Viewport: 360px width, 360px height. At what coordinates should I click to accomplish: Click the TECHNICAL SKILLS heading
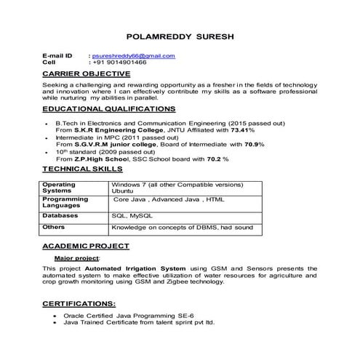(82, 169)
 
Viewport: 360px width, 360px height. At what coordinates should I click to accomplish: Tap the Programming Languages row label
(65, 202)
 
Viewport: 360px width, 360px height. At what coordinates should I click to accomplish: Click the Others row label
(54, 228)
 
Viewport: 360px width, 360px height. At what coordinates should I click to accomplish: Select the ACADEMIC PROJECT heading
(86, 247)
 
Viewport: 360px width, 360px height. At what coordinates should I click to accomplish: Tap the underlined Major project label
(78, 258)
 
